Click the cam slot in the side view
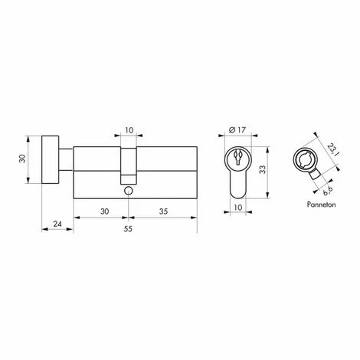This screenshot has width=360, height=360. click(128, 161)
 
